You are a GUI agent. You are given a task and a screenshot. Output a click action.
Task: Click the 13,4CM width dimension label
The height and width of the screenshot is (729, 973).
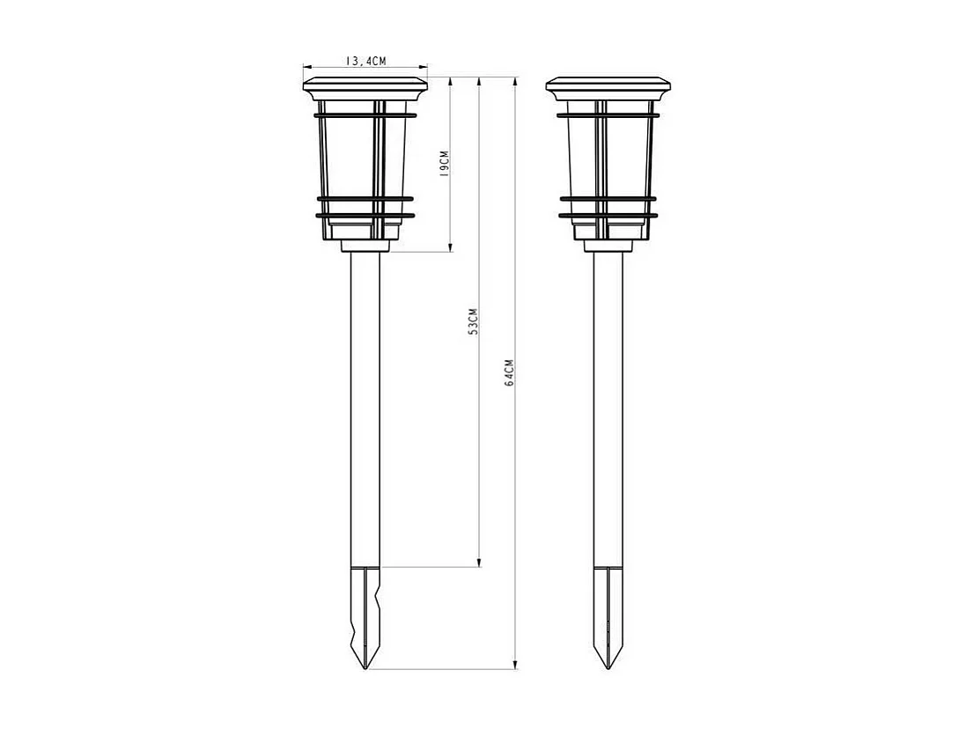pyautogui.click(x=365, y=61)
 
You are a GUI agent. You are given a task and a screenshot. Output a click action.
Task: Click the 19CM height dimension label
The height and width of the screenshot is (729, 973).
pyautogui.click(x=445, y=164)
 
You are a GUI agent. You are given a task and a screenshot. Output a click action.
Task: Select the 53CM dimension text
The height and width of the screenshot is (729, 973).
pyautogui.click(x=473, y=322)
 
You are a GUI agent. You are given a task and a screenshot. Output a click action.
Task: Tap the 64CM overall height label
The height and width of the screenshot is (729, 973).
pyautogui.click(x=509, y=373)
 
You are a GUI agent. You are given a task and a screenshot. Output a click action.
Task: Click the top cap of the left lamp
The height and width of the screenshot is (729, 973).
pyautogui.click(x=365, y=86)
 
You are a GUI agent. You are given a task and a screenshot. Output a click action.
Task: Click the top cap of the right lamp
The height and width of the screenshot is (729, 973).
pyautogui.click(x=608, y=86)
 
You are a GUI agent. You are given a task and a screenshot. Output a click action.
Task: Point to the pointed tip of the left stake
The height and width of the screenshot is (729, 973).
pyautogui.click(x=365, y=666)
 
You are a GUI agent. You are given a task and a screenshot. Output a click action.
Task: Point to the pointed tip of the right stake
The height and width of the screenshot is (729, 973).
pyautogui.click(x=608, y=666)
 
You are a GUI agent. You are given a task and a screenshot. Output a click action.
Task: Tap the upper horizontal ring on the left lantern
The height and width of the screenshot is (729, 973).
pyautogui.click(x=365, y=114)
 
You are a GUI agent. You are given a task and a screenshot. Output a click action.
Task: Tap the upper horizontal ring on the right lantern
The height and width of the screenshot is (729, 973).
pyautogui.click(x=608, y=114)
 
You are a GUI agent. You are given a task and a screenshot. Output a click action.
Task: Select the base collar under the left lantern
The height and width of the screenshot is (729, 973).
pyautogui.click(x=365, y=246)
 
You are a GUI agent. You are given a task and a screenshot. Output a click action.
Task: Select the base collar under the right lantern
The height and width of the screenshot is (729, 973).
pyautogui.click(x=608, y=246)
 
